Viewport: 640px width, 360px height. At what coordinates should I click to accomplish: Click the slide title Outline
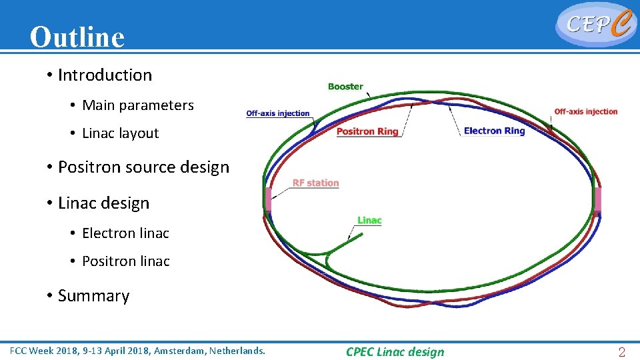tap(77, 37)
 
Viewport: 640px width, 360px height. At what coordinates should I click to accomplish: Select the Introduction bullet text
tap(105, 75)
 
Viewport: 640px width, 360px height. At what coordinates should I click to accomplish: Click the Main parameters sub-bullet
tap(137, 105)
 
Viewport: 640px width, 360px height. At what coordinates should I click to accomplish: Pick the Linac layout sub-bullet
tap(120, 133)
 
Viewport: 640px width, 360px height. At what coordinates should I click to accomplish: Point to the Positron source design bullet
tap(143, 167)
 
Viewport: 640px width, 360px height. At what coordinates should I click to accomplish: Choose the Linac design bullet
tap(103, 203)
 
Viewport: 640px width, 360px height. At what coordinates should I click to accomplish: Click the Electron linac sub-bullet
tap(125, 233)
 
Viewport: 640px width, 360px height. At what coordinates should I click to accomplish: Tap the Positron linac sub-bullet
tap(125, 261)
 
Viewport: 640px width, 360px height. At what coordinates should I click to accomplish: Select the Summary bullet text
tap(93, 296)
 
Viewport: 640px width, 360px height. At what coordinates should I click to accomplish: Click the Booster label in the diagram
tap(345, 87)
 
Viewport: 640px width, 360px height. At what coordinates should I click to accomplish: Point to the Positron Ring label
tap(367, 131)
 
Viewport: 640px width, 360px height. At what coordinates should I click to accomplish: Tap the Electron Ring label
tap(494, 131)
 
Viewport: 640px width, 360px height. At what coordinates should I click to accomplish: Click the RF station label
tap(315, 183)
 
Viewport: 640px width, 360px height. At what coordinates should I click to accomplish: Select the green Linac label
tap(369, 221)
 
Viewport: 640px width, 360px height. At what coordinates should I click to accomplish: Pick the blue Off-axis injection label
tap(278, 113)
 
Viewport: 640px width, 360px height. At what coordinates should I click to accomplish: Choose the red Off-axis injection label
tap(586, 112)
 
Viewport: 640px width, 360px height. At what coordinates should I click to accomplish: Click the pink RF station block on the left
tap(268, 199)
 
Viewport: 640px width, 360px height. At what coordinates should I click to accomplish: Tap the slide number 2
tap(621, 353)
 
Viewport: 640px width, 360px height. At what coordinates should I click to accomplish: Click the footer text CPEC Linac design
tap(395, 352)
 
